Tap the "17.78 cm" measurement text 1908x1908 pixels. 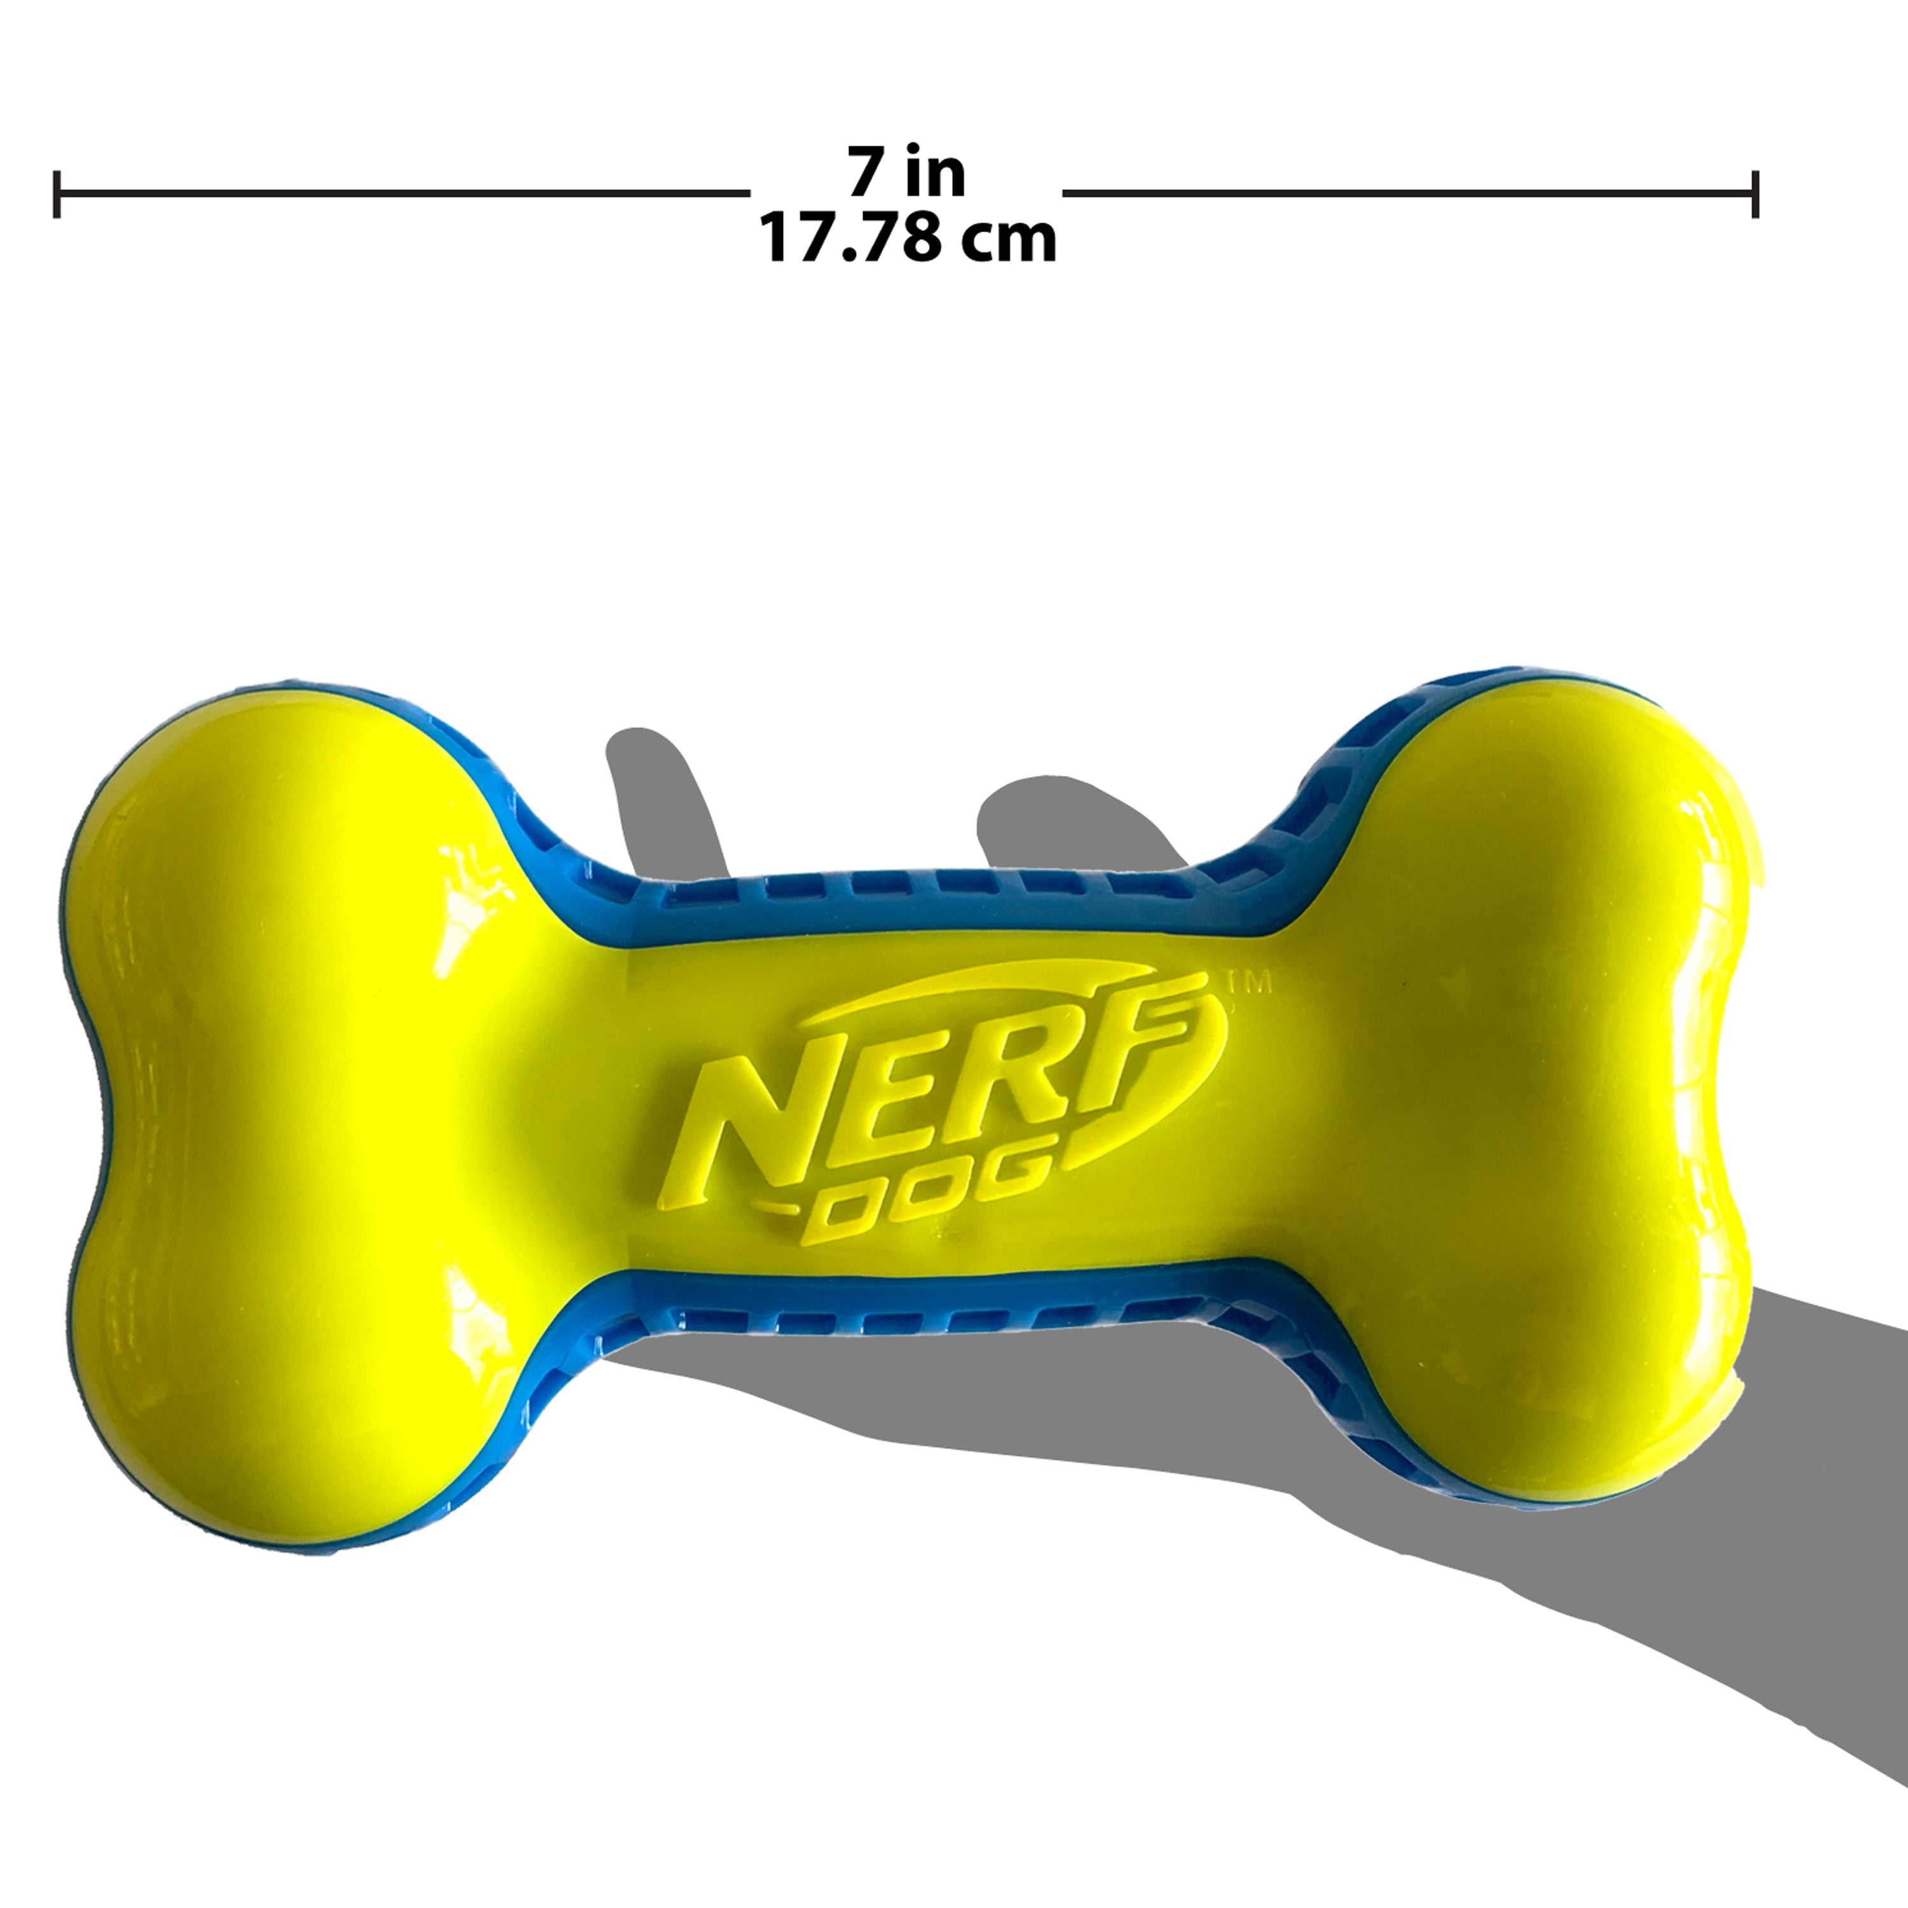906,240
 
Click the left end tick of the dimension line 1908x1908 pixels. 57,193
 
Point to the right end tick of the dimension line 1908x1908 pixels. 1754,193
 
